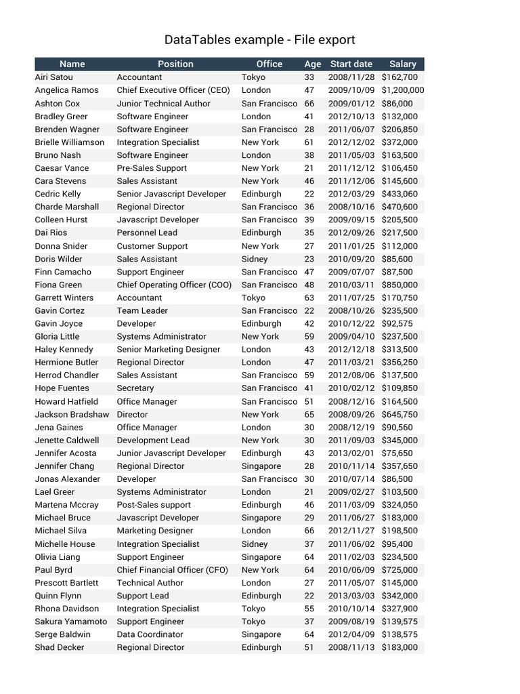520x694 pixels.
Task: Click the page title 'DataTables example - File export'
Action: pos(259,40)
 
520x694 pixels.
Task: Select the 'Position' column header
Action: pos(175,64)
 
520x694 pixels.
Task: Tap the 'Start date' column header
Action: pos(351,64)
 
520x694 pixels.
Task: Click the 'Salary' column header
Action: pos(402,64)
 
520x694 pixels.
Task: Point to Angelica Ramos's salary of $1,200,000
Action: pos(402,90)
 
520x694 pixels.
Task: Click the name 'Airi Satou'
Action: pos(54,77)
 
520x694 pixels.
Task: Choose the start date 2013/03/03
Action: pos(351,596)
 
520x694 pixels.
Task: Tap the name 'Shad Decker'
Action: pos(60,647)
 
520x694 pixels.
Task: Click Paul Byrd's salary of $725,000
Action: pos(399,570)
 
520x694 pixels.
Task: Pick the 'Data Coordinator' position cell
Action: pos(150,634)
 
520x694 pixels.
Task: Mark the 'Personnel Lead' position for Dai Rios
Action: pos(147,232)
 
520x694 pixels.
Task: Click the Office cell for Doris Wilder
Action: pos(255,259)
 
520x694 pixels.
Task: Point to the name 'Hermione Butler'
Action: pos(66,362)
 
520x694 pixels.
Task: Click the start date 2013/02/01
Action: pos(351,453)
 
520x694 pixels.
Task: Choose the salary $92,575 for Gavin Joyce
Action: pos(397,323)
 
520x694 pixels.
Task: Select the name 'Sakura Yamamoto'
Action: pos(70,621)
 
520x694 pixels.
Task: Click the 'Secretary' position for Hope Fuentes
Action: pos(135,388)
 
